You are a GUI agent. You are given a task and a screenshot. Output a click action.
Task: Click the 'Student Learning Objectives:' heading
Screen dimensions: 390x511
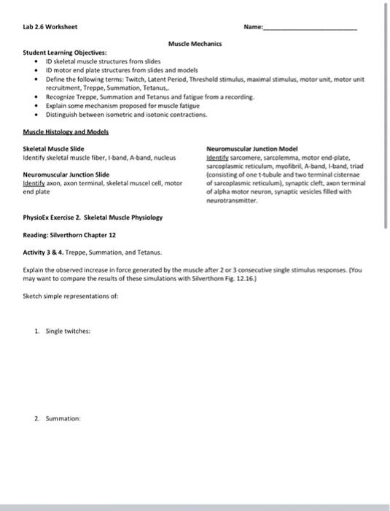(x=54, y=53)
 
